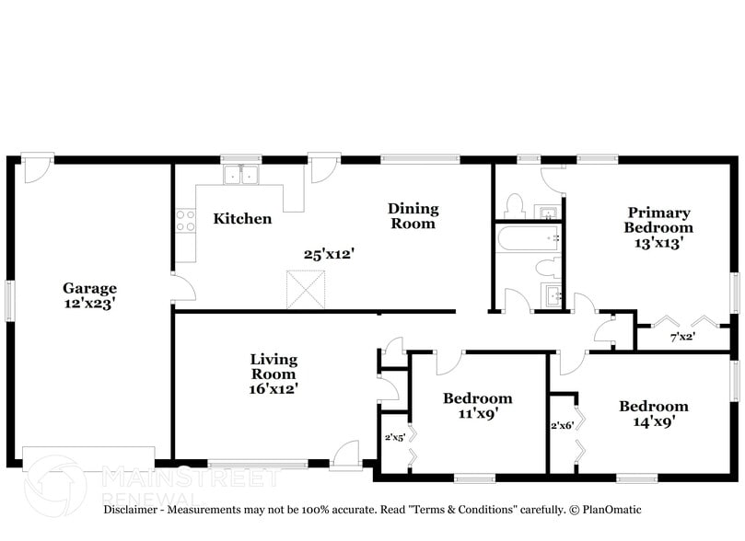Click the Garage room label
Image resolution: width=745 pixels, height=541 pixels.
[x=89, y=286]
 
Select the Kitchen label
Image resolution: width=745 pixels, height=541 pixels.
[x=242, y=219]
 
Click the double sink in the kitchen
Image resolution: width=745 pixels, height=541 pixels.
[x=242, y=174]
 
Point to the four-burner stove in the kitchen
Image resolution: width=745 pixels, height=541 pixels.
[x=186, y=220]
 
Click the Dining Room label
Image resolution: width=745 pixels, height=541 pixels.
[x=413, y=216]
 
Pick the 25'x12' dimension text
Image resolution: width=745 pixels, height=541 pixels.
[x=330, y=253]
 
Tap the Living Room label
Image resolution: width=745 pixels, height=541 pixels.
[x=274, y=366]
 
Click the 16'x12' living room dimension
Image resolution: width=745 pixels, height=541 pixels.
[x=274, y=389]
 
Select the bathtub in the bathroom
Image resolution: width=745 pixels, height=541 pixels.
[x=530, y=238]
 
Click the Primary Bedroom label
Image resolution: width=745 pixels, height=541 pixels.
[x=658, y=220]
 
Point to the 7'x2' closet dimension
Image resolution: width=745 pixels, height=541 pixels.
[x=681, y=337]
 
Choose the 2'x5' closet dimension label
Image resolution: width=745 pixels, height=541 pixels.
[x=395, y=438]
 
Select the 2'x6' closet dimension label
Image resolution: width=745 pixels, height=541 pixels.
[x=561, y=426]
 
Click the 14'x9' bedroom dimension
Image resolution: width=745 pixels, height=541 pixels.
[x=653, y=422]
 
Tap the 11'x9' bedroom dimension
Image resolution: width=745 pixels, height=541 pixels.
[x=477, y=414]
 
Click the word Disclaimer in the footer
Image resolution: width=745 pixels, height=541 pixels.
[x=134, y=510]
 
